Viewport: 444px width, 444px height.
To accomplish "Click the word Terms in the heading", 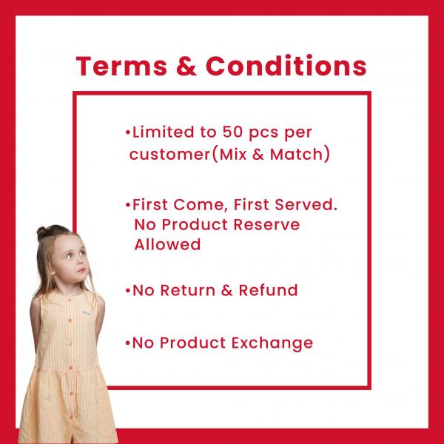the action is (x=121, y=66).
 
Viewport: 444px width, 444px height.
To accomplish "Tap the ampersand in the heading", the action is (x=186, y=66).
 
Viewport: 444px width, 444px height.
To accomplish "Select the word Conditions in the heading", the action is (x=286, y=65).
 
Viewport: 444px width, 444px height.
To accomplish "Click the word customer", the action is (x=169, y=155).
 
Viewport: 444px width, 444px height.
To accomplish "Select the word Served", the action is (x=306, y=204).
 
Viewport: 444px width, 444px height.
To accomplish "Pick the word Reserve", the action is (x=266, y=224).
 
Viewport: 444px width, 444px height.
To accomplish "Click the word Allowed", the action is (x=167, y=244).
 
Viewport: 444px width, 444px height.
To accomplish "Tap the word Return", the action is (x=187, y=290).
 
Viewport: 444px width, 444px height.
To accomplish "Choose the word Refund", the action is (x=268, y=290).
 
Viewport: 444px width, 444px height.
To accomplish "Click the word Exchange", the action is (x=272, y=343).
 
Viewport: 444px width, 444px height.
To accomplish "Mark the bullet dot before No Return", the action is (x=128, y=291).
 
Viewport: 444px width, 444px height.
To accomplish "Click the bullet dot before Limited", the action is (x=128, y=132).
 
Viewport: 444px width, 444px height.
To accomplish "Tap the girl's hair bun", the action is (x=42, y=233).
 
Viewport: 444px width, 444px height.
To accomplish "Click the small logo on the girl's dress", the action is (x=87, y=313).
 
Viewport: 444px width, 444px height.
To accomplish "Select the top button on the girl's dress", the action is (x=70, y=320).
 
